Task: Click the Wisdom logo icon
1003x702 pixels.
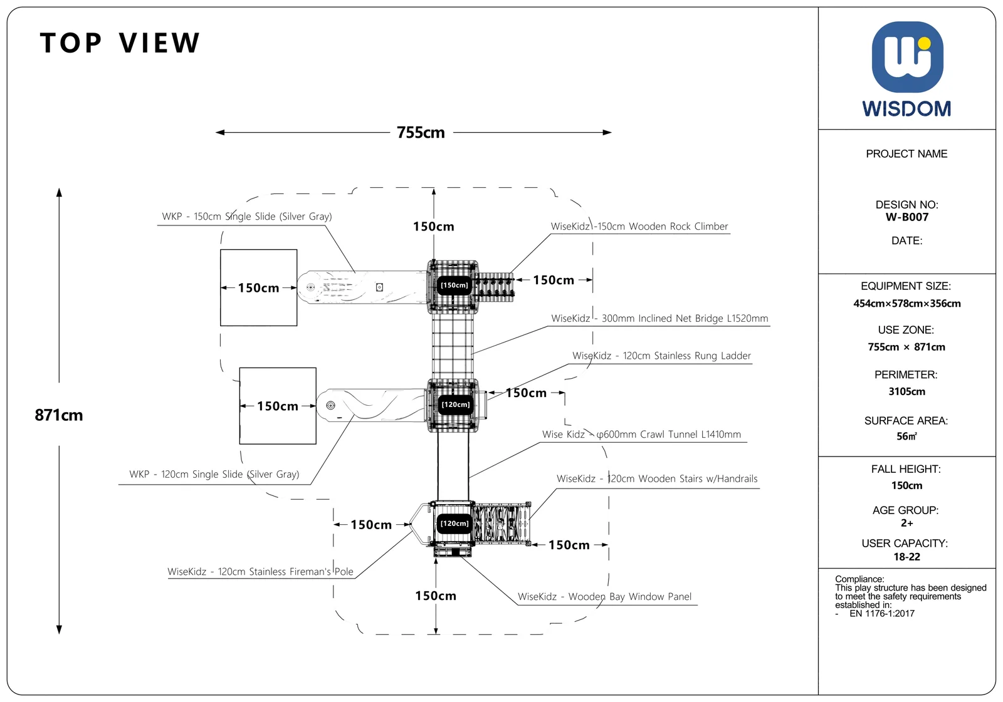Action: point(907,57)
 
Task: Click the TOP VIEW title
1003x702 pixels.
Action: point(120,43)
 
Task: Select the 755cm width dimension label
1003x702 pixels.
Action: point(421,132)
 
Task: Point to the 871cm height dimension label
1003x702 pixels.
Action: point(59,415)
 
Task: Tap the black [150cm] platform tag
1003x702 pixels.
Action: point(454,285)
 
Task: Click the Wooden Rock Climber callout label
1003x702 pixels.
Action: point(639,227)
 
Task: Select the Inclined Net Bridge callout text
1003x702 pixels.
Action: point(659,319)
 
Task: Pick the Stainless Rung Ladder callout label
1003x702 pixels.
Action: point(661,356)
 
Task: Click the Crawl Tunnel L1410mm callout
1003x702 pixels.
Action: point(641,434)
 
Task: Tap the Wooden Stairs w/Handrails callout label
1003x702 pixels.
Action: point(657,478)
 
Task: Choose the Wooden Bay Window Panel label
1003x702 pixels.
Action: point(604,596)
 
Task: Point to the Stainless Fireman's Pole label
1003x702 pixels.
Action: point(260,571)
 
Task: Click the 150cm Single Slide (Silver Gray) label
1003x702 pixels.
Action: point(247,217)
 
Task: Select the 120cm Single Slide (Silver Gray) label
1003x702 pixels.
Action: point(214,474)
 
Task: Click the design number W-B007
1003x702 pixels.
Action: point(906,217)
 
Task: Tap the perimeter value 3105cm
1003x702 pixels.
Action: point(906,391)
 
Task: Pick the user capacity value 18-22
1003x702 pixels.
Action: point(906,557)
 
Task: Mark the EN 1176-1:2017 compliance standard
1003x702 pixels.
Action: point(881,614)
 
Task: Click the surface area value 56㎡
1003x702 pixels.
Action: point(906,436)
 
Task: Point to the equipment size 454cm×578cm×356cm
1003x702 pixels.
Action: point(906,303)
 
